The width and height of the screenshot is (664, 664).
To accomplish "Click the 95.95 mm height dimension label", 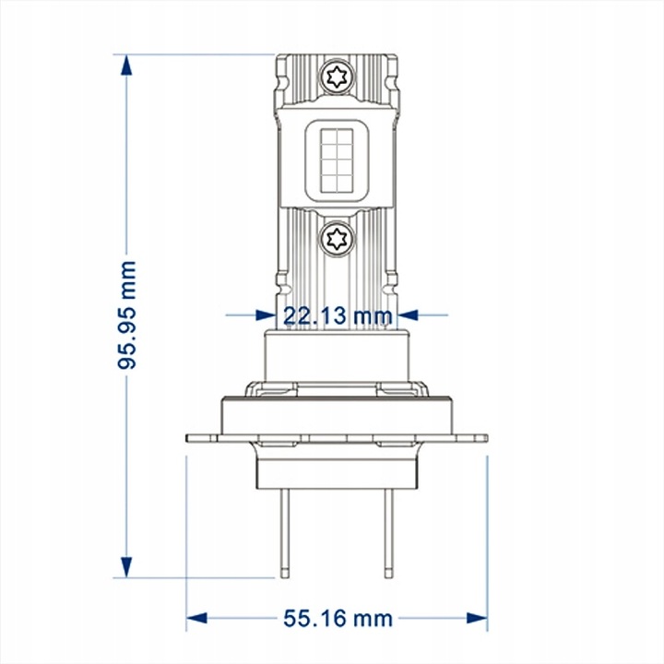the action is [126, 315].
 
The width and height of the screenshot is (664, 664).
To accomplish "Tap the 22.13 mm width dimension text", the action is [338, 316].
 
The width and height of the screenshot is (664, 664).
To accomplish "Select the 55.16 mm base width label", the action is [338, 619].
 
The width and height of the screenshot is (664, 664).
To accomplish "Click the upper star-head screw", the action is [337, 77].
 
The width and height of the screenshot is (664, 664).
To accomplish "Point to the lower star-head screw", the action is [337, 239].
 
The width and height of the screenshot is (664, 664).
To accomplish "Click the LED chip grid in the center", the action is [337, 160].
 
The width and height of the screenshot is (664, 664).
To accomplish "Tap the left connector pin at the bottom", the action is [285, 533].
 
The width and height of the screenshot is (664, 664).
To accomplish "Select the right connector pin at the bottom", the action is [389, 533].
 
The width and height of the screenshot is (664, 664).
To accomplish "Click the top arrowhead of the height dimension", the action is [126, 65].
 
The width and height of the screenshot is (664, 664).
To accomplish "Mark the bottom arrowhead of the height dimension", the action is [126, 567].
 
